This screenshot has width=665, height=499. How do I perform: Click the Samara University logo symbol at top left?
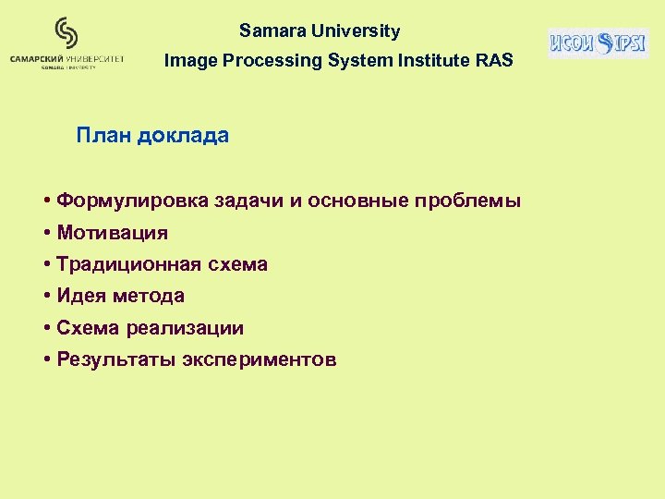(x=66, y=32)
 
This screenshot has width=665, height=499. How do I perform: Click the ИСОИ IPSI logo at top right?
(x=598, y=43)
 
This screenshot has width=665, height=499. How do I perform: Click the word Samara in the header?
(x=272, y=30)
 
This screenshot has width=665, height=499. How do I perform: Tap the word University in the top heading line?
(x=356, y=30)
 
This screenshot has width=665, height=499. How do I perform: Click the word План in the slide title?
(x=103, y=136)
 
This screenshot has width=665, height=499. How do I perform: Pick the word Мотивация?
(x=112, y=232)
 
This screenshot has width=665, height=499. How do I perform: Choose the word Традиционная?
(x=127, y=264)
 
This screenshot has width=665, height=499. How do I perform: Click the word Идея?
(x=81, y=296)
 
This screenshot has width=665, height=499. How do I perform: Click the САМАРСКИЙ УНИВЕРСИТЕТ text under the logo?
(x=66, y=58)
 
